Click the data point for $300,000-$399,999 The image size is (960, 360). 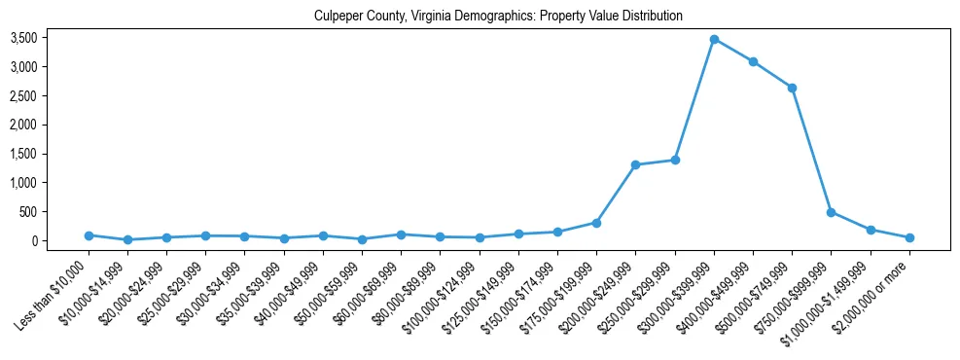click(x=714, y=40)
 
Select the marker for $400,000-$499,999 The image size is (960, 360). click(x=753, y=62)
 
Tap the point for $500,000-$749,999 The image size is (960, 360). click(x=792, y=88)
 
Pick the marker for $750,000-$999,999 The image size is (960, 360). click(x=831, y=212)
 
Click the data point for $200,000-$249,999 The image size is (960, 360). click(x=635, y=164)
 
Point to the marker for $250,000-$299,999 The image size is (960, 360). click(x=675, y=160)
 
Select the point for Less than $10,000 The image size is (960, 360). click(x=89, y=235)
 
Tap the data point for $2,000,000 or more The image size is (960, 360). click(x=909, y=237)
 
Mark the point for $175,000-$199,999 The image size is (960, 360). click(x=596, y=223)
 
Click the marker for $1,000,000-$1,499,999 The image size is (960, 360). click(x=871, y=230)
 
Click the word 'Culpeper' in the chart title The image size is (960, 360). click(x=336, y=17)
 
